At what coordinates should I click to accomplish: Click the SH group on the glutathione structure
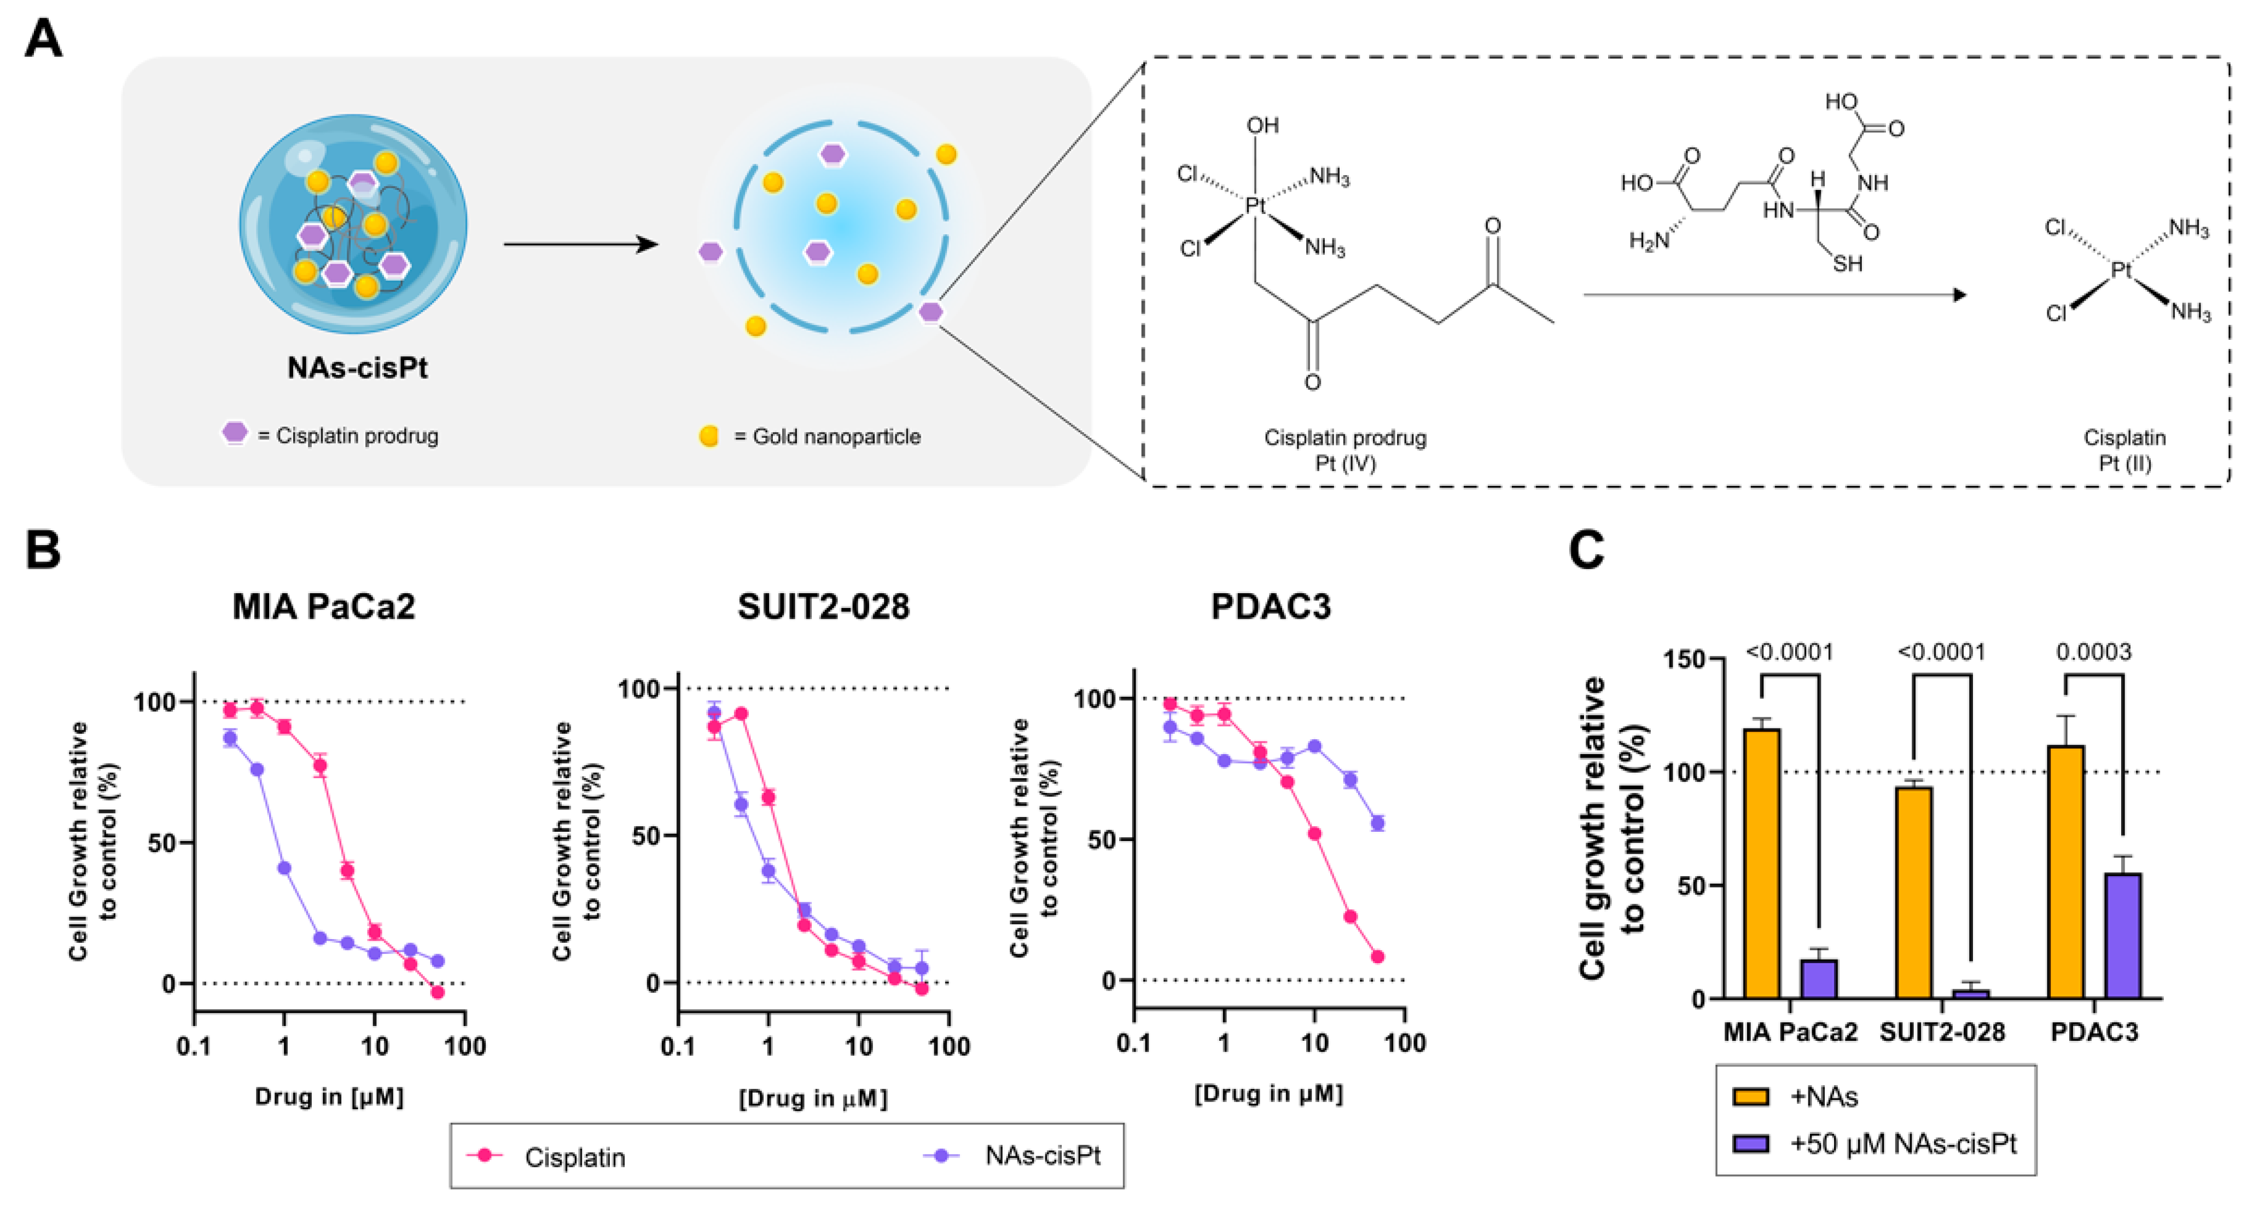click(x=1847, y=264)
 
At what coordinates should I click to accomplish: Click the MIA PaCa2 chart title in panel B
click(x=324, y=606)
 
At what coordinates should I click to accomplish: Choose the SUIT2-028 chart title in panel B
click(x=823, y=606)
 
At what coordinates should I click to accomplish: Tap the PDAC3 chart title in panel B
click(x=1271, y=606)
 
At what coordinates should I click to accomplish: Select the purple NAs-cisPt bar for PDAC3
click(x=2122, y=935)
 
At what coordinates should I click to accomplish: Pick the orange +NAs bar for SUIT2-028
click(x=1913, y=891)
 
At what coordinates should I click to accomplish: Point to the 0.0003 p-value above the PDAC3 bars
click(x=2093, y=652)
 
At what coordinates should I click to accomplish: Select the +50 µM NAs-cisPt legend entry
click(x=1876, y=1143)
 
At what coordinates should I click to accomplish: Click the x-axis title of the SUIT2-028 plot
click(x=813, y=1098)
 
